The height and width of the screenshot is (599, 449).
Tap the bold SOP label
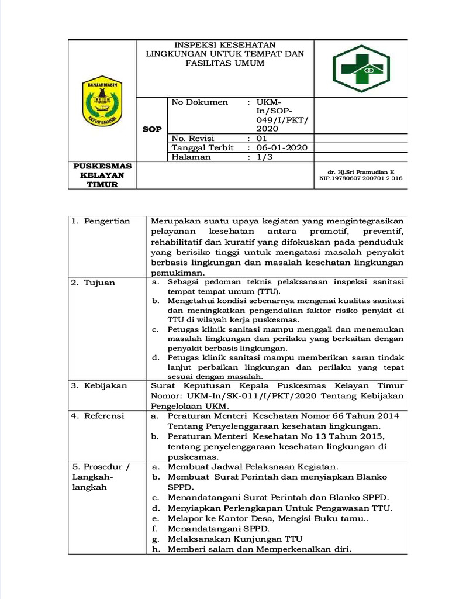(x=152, y=129)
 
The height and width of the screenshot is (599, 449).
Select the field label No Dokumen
(x=199, y=102)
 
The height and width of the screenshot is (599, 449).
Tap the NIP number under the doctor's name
(x=361, y=178)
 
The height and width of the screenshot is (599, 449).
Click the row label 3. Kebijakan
(x=99, y=386)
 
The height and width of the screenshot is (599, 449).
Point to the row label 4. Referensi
(x=98, y=416)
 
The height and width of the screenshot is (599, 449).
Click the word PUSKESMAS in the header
(x=102, y=166)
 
